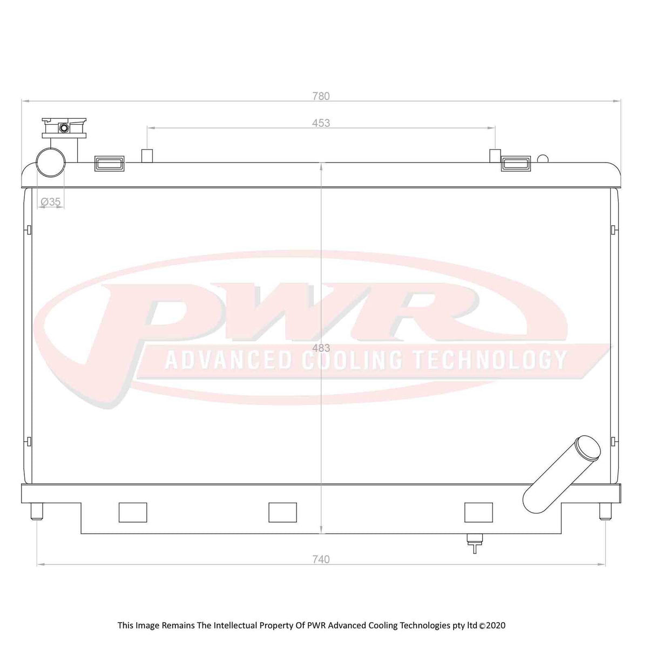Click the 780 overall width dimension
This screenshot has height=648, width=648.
pyautogui.click(x=320, y=96)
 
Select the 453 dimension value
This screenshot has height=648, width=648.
pyautogui.click(x=321, y=123)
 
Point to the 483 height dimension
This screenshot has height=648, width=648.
pyautogui.click(x=322, y=349)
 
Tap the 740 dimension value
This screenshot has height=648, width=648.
pyautogui.click(x=321, y=559)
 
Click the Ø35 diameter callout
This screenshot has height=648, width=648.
pyautogui.click(x=51, y=201)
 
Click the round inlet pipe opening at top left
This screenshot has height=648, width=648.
pyautogui.click(x=51, y=161)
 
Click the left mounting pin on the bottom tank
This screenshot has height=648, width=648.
pyautogui.click(x=37, y=510)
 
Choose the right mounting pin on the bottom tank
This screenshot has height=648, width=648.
pyautogui.click(x=605, y=510)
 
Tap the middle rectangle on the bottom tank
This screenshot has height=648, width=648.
pyautogui.click(x=282, y=512)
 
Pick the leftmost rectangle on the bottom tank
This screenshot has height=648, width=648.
pyautogui.click(x=133, y=512)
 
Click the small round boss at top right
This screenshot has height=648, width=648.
pyautogui.click(x=543, y=159)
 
